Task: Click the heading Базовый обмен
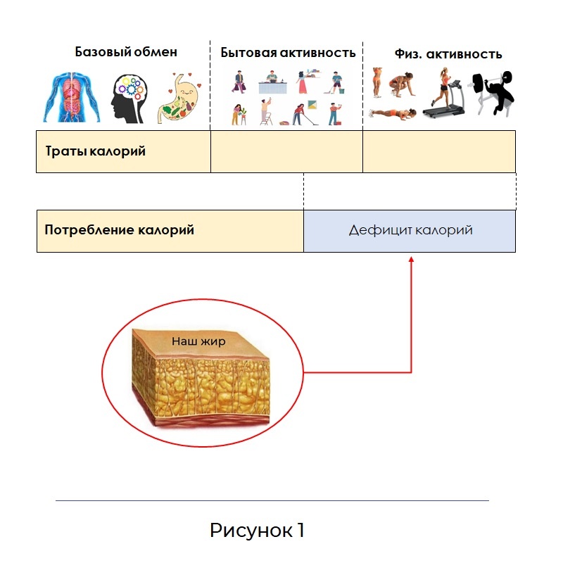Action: tap(126, 52)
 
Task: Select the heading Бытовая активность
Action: tap(288, 53)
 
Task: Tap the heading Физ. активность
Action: tap(448, 54)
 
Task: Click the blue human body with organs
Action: tap(72, 97)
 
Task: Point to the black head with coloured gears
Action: tap(129, 99)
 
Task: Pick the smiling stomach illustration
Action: tap(179, 98)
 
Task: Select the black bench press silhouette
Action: tap(491, 93)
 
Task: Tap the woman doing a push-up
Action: tap(393, 113)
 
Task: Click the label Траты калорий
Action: tap(96, 151)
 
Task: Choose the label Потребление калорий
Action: tap(119, 230)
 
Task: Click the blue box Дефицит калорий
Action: tap(410, 232)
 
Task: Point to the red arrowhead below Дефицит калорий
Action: tap(412, 259)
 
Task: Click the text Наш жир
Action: tap(198, 341)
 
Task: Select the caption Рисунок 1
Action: tap(257, 530)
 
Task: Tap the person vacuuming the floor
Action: tap(303, 114)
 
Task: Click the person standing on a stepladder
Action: tap(266, 112)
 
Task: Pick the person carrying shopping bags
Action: tap(239, 82)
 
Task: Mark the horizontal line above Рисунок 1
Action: tap(272, 500)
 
